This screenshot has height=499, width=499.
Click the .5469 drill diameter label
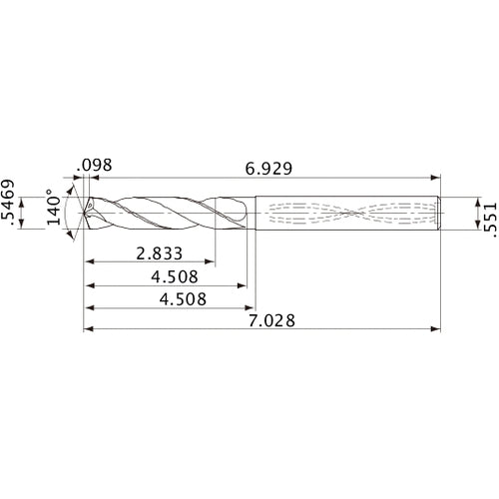click(12, 210)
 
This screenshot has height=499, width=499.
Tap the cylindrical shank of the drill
click(349, 212)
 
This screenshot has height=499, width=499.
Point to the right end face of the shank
click(443, 212)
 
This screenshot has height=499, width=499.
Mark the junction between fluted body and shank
click(253, 212)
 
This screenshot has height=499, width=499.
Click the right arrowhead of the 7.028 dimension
click(438, 328)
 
